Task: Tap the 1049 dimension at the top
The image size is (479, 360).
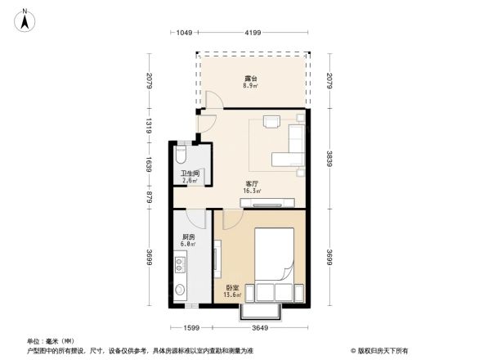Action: [x=183, y=33]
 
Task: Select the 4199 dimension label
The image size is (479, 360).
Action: [x=251, y=33]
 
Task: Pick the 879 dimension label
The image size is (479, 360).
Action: [x=148, y=196]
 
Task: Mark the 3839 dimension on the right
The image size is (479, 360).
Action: [x=329, y=159]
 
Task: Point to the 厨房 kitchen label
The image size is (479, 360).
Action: [x=188, y=240]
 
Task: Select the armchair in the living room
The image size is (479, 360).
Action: [x=271, y=124]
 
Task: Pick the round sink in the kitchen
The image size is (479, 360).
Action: [x=180, y=290]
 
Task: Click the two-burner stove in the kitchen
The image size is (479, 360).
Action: [x=180, y=265]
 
